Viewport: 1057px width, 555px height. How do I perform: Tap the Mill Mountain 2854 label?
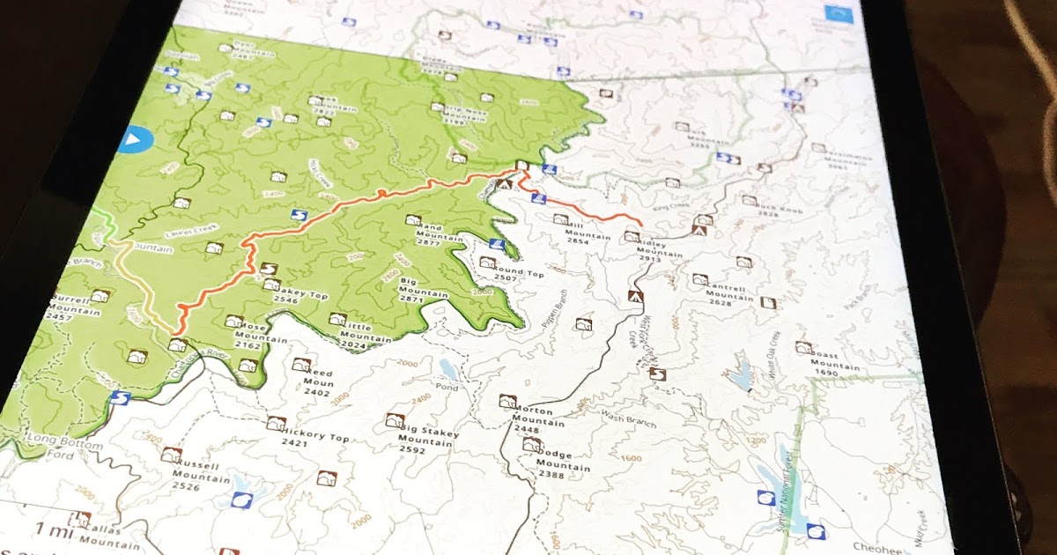[588, 233]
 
